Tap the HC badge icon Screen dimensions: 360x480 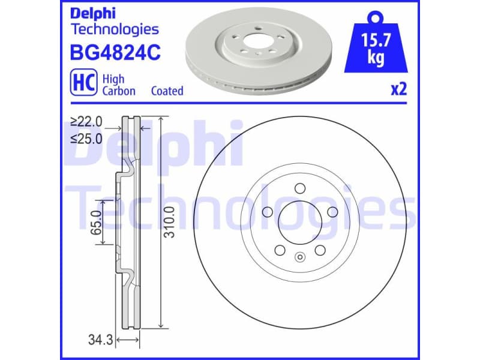85,84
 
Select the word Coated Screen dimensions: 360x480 167,91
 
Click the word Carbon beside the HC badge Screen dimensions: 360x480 119,91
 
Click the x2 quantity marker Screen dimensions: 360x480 398,90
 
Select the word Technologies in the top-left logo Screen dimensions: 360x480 115,29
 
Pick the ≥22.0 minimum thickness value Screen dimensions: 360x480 86,122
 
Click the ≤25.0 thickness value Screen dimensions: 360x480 86,138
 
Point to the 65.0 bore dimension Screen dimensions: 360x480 95,223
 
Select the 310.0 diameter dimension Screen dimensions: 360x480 170,223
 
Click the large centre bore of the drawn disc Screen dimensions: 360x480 298,220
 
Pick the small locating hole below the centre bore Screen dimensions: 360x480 299,258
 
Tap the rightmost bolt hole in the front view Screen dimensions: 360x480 331,212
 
